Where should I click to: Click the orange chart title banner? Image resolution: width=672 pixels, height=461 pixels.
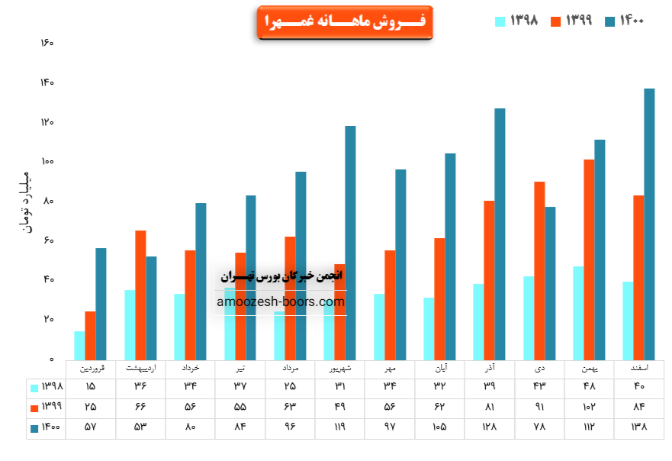(345, 23)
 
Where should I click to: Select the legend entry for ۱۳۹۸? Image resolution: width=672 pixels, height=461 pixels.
(518, 21)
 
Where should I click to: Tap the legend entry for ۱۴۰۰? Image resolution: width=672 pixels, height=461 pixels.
(625, 21)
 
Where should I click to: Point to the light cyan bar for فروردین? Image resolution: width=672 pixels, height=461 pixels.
(79, 345)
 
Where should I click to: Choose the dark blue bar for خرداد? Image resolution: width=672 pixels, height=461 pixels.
(201, 281)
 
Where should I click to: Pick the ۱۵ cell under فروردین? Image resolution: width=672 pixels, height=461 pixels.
(91, 386)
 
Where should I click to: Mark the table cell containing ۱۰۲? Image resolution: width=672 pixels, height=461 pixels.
(589, 407)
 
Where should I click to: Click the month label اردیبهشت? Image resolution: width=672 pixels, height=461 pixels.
(140, 368)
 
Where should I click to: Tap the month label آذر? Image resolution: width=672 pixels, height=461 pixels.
(489, 368)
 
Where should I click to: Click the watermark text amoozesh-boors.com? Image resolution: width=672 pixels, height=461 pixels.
(281, 302)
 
